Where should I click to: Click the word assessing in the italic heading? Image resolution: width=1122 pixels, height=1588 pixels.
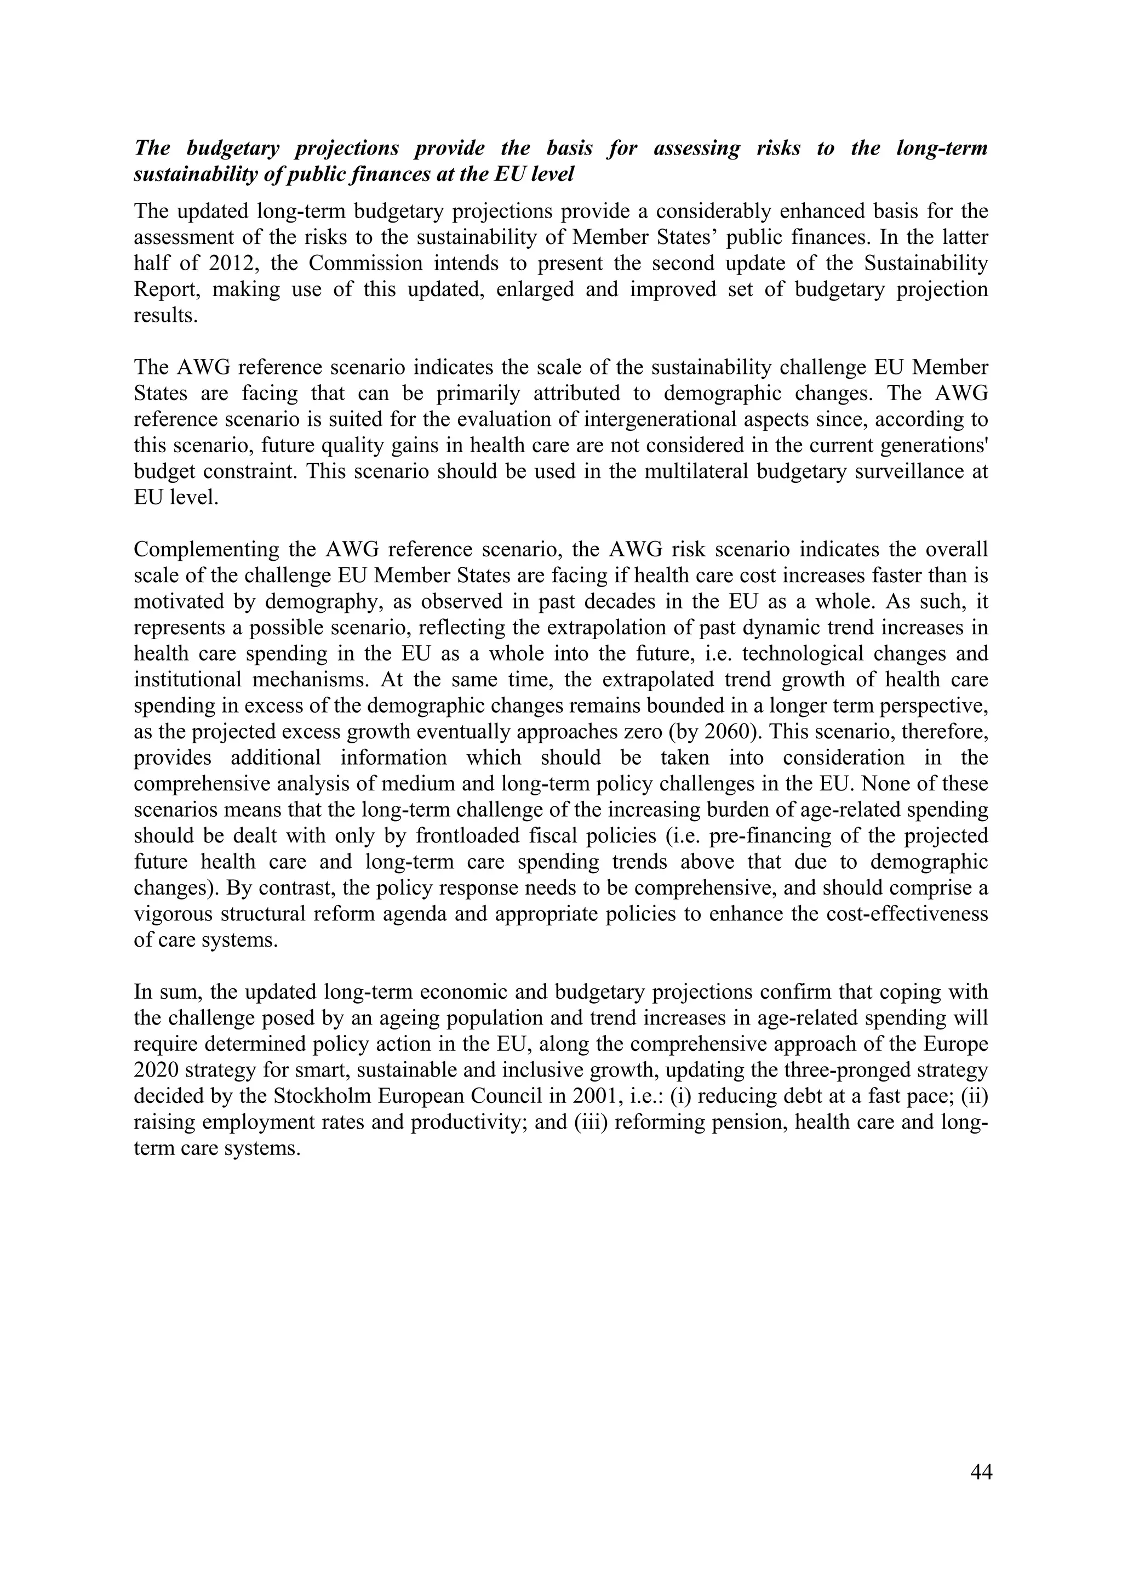697,148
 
